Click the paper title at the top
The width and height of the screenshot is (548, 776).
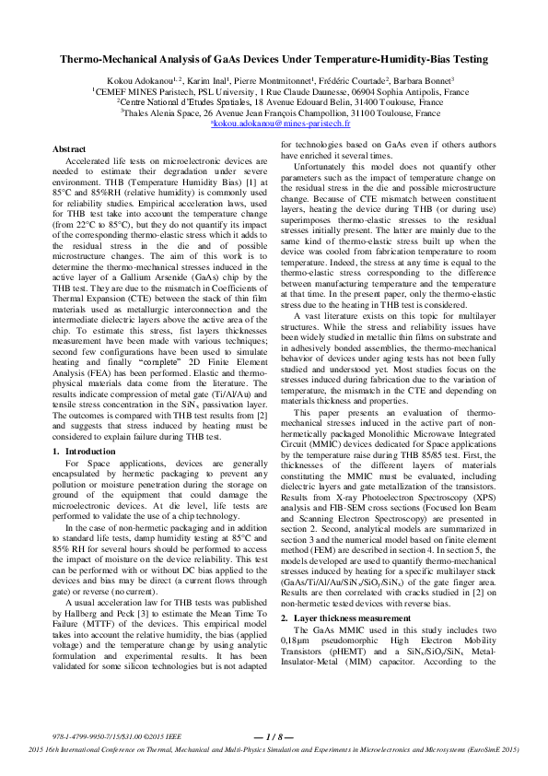(x=274, y=58)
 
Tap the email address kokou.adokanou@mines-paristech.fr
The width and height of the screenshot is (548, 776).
(x=280, y=122)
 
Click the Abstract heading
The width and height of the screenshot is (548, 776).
(x=70, y=148)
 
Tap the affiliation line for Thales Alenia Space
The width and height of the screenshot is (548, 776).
(x=273, y=112)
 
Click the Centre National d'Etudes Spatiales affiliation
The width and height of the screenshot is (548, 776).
(x=273, y=102)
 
